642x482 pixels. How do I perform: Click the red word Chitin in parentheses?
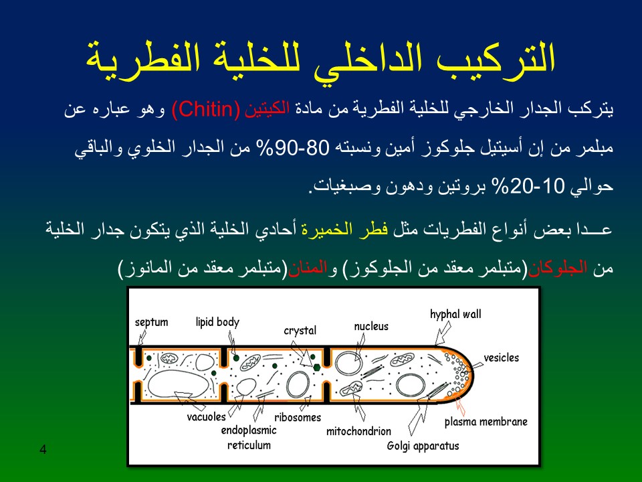[x=206, y=109]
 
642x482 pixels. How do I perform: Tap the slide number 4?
[x=43, y=449]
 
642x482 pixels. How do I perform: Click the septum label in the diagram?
[x=152, y=322]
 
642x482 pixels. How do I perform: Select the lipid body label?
[x=217, y=322]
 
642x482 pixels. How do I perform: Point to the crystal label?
[x=300, y=330]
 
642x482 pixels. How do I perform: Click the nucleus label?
[x=371, y=326]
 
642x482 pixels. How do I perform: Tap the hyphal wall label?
[x=455, y=315]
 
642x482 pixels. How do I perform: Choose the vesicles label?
[x=501, y=357]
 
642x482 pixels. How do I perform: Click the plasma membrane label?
[x=486, y=422]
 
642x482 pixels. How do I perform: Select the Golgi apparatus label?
[x=423, y=446]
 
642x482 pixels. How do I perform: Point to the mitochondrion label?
[x=358, y=431]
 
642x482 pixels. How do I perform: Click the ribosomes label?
[x=298, y=417]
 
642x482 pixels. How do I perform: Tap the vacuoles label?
[x=207, y=417]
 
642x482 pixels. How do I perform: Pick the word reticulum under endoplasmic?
[x=249, y=445]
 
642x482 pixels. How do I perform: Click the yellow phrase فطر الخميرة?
[x=345, y=229]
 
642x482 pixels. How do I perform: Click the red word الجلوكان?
[x=557, y=268]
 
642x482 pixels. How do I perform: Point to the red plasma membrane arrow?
[x=461, y=406]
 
